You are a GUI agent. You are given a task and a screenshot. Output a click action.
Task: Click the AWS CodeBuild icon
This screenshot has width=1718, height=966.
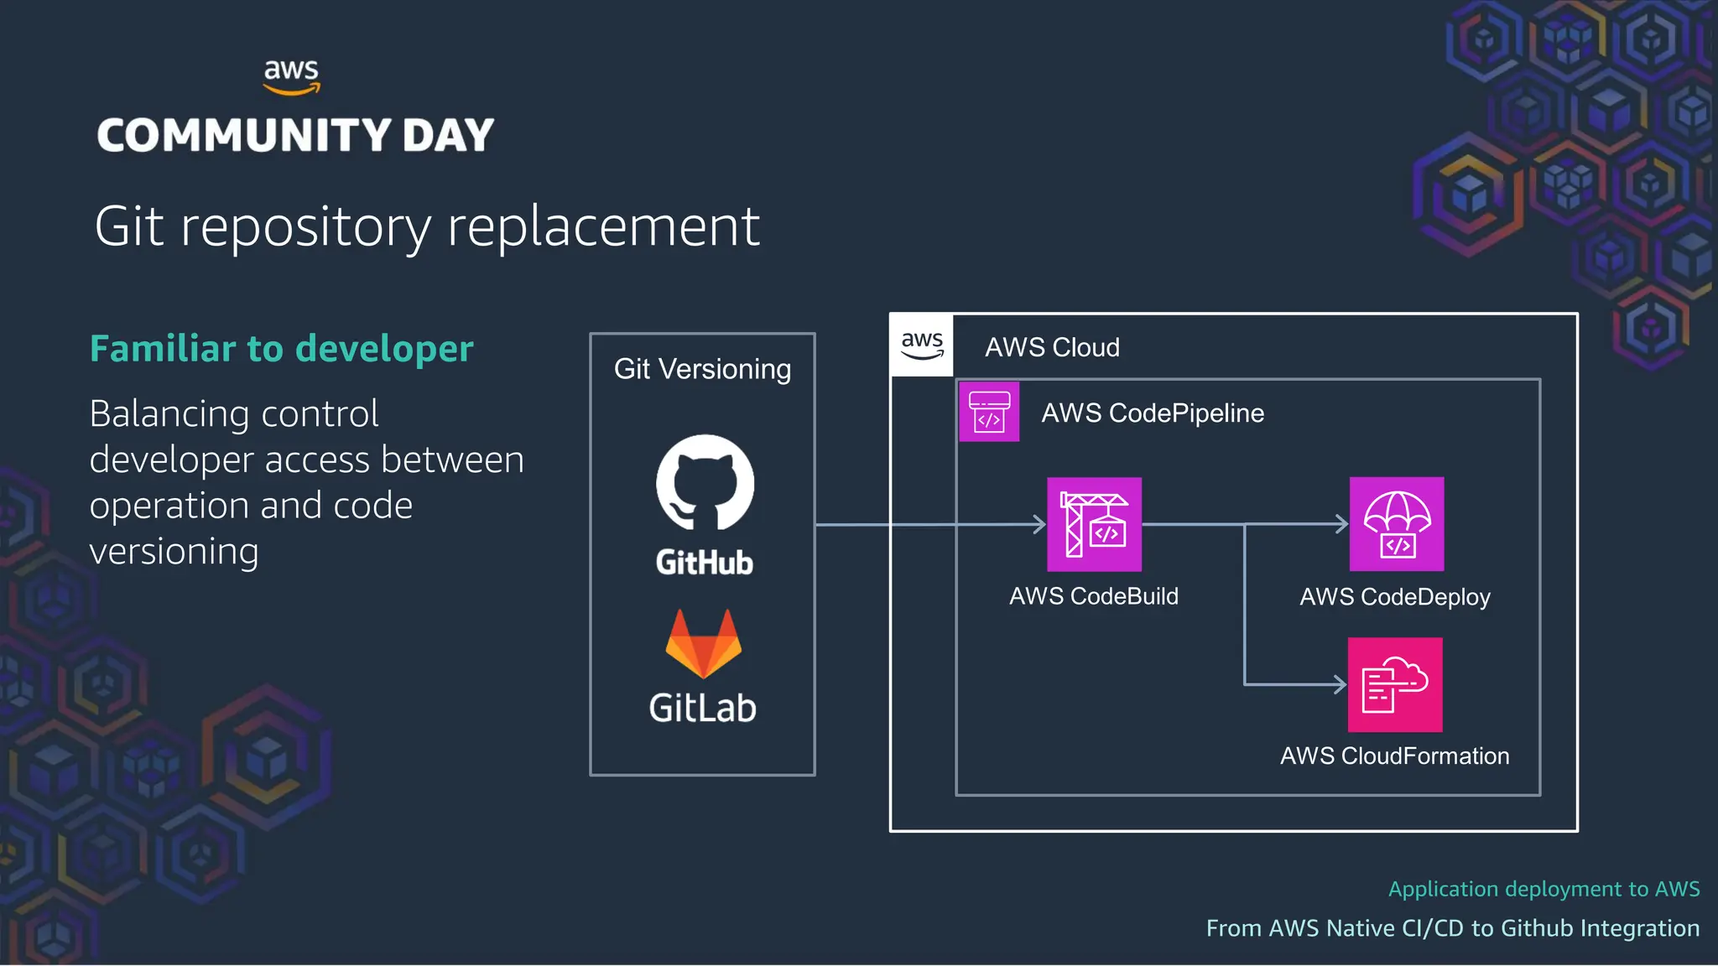[x=1094, y=525]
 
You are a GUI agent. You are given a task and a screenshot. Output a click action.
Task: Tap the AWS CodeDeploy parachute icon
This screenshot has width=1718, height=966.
[x=1397, y=525]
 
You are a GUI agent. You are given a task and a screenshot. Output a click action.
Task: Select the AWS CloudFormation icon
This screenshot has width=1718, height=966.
[x=1395, y=685]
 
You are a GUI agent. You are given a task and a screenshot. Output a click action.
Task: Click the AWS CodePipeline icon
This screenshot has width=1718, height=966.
[x=989, y=412]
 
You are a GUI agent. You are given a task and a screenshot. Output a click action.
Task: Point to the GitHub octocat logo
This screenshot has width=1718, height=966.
[x=705, y=483]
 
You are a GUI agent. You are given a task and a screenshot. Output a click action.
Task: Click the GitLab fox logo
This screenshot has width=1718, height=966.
[x=703, y=644]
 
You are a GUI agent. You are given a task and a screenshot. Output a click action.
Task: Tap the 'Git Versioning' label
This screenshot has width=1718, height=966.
[x=702, y=369]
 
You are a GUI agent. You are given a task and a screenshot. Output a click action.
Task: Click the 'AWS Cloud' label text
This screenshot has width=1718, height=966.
[x=1052, y=347]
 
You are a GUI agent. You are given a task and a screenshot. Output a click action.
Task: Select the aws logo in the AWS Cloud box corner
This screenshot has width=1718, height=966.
[x=922, y=345]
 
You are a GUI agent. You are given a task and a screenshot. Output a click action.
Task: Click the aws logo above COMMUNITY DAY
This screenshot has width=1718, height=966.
[x=291, y=76]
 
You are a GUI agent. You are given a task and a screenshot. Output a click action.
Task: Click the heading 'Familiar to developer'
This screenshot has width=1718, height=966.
[x=281, y=349]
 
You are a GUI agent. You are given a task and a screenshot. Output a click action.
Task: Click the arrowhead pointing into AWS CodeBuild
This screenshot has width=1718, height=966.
[x=1040, y=525]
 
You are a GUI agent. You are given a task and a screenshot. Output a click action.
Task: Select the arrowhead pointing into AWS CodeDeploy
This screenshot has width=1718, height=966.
[x=1342, y=525]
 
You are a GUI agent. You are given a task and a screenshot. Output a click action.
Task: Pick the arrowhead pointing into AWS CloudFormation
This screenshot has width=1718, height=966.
[x=1341, y=685]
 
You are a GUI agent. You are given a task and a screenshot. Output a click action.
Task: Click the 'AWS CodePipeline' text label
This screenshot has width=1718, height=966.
[x=1153, y=413]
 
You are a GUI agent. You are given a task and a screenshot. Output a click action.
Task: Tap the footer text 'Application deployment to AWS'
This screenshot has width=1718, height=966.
[x=1544, y=889]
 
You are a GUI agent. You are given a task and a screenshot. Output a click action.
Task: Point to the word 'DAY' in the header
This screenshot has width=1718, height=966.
[x=448, y=136]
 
